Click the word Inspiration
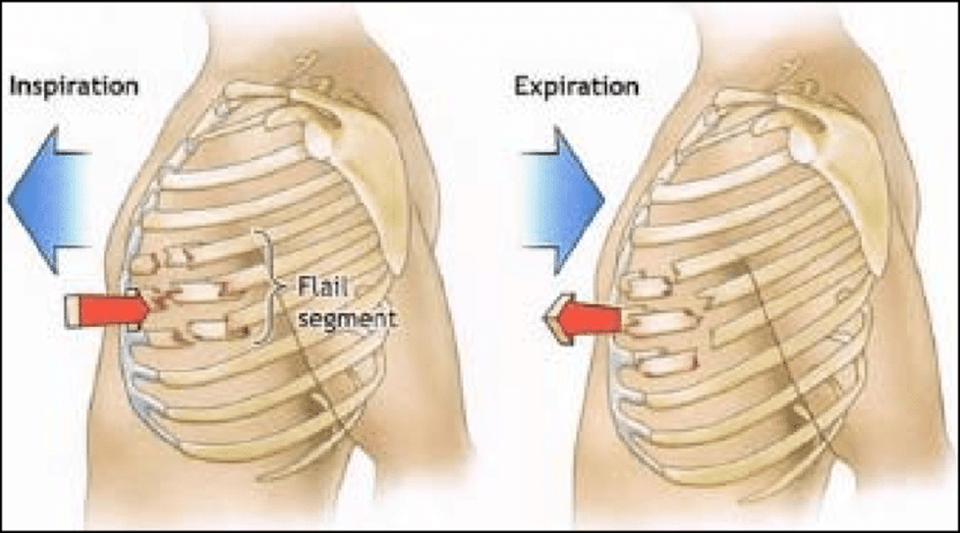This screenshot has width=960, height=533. pos(74,87)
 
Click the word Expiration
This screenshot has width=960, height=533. pos(576,86)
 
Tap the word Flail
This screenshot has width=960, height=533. pos(322,287)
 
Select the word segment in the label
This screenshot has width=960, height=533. pos(347,319)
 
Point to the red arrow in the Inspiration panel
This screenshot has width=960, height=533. pos(107,309)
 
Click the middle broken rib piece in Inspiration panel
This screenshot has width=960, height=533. pos(202,292)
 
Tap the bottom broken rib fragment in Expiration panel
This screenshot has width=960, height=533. pos(664,363)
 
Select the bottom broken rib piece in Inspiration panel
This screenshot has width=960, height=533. pos(211,329)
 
